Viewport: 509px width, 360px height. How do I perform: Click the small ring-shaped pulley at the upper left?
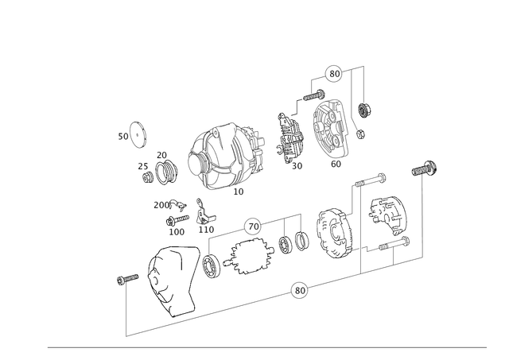coord(138,137)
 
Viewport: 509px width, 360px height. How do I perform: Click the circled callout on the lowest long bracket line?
coord(299,291)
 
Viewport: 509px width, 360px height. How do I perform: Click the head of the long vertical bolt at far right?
coord(422,170)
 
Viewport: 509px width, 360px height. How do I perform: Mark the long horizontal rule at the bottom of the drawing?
coord(266,346)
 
